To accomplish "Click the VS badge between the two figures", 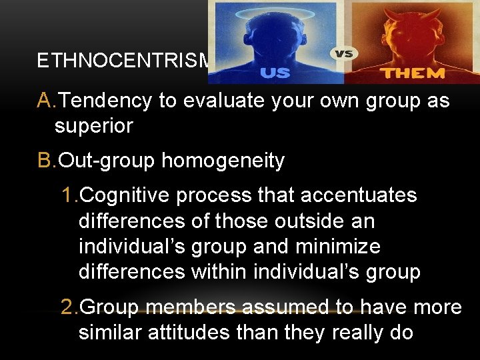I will (x=343, y=53).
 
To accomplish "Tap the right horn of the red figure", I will (x=435, y=13).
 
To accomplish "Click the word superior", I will (x=94, y=126).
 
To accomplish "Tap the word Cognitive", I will (x=124, y=196).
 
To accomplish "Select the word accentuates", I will (x=359, y=196).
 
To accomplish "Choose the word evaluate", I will (x=218, y=101).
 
